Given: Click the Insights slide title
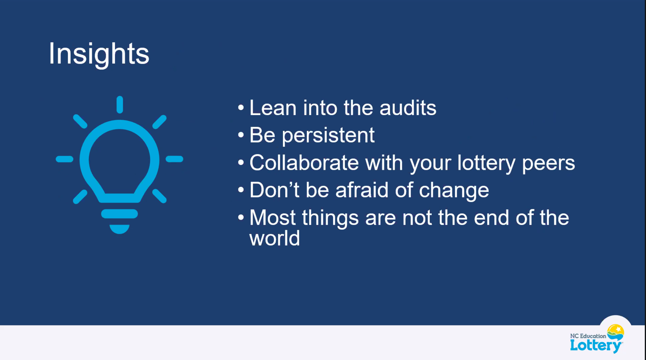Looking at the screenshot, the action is [x=99, y=54].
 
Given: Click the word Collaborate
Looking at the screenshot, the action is [x=304, y=163].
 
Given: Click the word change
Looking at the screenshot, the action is [x=454, y=191].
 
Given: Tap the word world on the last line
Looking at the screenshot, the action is [x=275, y=238].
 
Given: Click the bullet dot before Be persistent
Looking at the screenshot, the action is [x=241, y=135].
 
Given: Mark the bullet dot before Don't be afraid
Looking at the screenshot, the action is [x=241, y=190].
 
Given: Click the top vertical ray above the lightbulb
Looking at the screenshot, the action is [x=120, y=105].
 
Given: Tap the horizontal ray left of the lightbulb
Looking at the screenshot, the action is [x=65, y=159].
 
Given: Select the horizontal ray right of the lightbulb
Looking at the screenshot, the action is [x=174, y=159].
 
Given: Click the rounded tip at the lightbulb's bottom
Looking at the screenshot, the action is [x=120, y=229].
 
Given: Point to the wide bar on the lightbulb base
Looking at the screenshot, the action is [x=120, y=214].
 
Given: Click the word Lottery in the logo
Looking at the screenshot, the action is [x=596, y=346].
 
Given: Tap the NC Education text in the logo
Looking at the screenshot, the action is [x=588, y=336].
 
